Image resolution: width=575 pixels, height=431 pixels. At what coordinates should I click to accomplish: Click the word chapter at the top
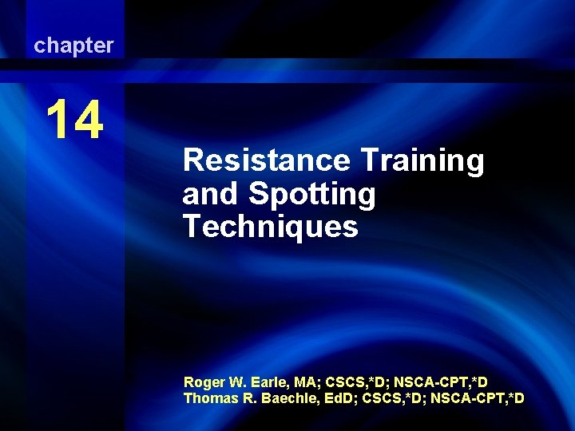click(73, 46)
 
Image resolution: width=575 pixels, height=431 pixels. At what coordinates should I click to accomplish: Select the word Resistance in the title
click(266, 161)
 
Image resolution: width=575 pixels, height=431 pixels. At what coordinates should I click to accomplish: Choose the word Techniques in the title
click(270, 227)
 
